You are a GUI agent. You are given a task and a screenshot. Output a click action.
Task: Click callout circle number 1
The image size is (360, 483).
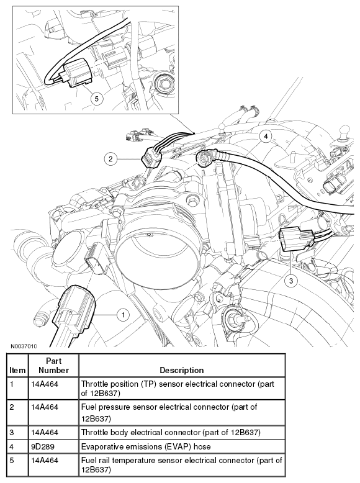tap(123, 315)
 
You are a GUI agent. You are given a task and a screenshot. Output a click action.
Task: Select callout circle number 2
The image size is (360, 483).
tap(110, 159)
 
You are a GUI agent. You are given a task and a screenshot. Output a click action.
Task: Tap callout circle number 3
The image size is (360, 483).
tap(291, 281)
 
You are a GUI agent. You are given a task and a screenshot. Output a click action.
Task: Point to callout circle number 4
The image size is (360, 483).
tap(266, 136)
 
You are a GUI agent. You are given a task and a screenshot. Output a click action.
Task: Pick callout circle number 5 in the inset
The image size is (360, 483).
tap(96, 99)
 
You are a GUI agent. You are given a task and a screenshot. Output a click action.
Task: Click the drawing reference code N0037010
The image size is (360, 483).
tap(24, 346)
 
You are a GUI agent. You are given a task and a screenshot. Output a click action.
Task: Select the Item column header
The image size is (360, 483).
tap(17, 370)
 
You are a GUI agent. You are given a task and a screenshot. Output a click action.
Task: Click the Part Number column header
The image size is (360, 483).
tap(53, 365)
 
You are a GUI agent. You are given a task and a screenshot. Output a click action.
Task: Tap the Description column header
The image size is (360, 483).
tap(182, 370)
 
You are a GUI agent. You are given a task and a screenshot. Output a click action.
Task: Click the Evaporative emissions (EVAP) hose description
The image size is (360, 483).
tap(146, 446)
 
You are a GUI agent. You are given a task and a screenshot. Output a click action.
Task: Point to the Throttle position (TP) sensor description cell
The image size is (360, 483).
tap(178, 389)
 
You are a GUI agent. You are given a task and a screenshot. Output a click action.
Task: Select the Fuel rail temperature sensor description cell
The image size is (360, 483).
tap(181, 465)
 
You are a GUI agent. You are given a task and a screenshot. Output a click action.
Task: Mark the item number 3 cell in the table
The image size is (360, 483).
tap(12, 432)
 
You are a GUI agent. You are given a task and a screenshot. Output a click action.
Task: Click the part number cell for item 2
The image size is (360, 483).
tap(45, 407)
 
